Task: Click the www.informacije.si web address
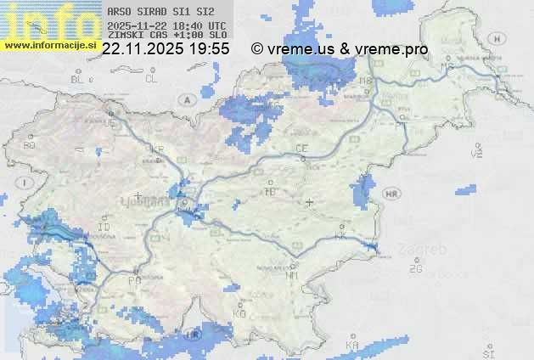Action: point(50,45)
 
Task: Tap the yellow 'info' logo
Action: point(49,20)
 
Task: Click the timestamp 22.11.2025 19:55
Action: point(166,49)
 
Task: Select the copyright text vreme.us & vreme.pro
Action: point(340,49)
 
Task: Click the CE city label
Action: point(301,149)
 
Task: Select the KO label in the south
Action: point(239,313)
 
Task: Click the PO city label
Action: point(133,279)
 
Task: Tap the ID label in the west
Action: point(104,228)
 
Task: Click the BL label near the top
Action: point(78,79)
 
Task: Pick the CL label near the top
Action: point(151,79)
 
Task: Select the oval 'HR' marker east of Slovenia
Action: point(391,194)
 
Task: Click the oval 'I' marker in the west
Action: point(26,183)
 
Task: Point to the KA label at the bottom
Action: point(351,345)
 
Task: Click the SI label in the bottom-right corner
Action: point(488,352)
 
